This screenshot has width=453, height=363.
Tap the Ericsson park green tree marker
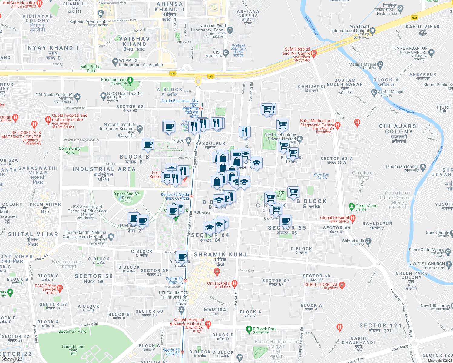point(130,80)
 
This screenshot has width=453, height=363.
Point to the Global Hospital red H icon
point(352,218)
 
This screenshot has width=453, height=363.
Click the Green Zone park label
point(366,206)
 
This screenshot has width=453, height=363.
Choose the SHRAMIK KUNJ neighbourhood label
point(220,254)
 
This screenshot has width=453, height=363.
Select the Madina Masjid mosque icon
point(380,64)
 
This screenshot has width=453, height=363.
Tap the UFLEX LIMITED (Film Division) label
point(174,295)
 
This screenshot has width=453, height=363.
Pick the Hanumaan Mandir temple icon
point(423,167)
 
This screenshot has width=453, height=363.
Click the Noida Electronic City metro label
point(180,101)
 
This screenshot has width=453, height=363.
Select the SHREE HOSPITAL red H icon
point(342,285)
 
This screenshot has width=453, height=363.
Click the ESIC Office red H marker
point(60,288)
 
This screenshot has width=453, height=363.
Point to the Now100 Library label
point(435,306)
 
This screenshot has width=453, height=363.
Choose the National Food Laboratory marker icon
point(230,30)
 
